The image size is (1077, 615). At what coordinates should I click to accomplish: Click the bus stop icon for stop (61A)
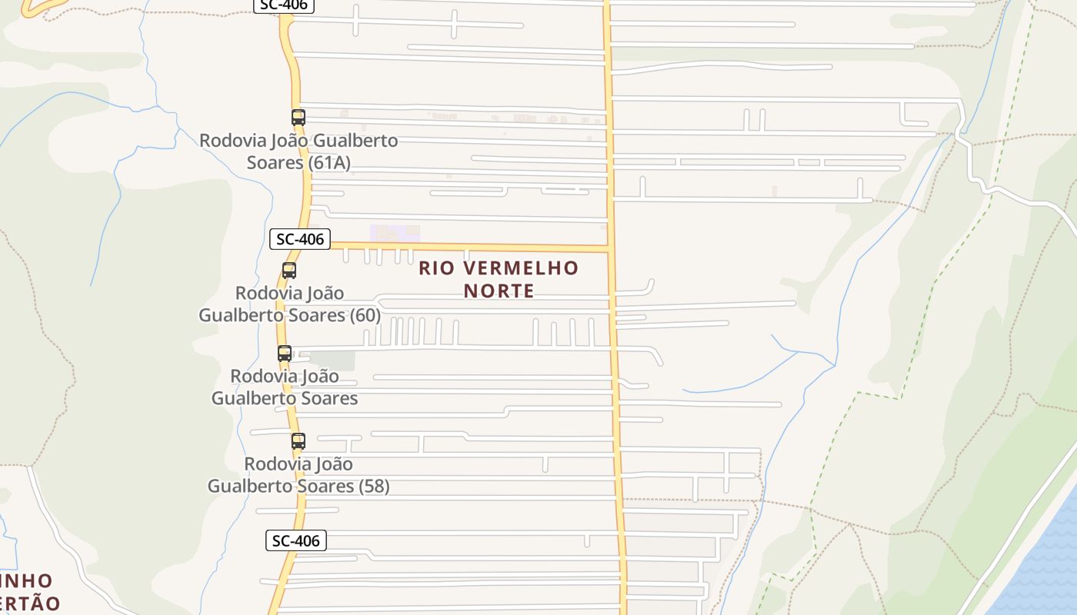[298, 118]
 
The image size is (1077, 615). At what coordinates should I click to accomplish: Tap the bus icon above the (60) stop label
[289, 271]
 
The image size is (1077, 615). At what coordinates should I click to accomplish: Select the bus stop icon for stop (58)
[298, 441]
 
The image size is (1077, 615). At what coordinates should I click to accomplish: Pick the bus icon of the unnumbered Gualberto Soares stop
[285, 354]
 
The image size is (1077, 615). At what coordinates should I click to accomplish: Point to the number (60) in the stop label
[365, 315]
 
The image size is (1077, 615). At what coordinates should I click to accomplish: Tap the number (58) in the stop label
[372, 486]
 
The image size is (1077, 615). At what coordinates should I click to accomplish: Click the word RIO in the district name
[436, 268]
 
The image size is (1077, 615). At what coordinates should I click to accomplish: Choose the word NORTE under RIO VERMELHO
[498, 291]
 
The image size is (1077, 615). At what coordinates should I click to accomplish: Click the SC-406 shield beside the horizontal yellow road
[300, 239]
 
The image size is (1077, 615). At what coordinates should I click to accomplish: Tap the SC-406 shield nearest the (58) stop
[296, 540]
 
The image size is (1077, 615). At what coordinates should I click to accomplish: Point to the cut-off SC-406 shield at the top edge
[284, 5]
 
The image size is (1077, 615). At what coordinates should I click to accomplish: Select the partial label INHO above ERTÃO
[26, 580]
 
